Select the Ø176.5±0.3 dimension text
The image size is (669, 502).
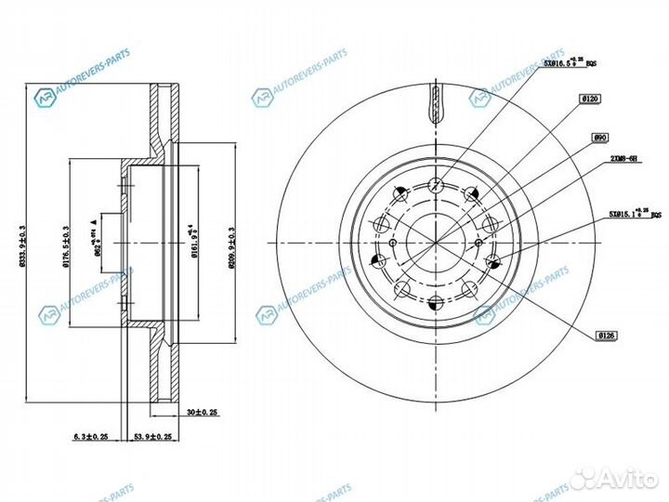click(x=64, y=244)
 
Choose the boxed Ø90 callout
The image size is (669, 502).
click(x=599, y=137)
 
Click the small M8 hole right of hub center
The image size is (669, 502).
click(x=479, y=243)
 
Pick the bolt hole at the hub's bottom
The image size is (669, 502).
click(x=435, y=301)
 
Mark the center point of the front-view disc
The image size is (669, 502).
click(x=435, y=243)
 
